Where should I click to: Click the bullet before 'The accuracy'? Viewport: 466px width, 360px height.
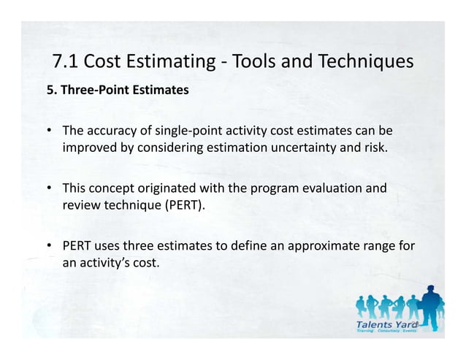49,132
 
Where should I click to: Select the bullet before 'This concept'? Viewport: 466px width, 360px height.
49,188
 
